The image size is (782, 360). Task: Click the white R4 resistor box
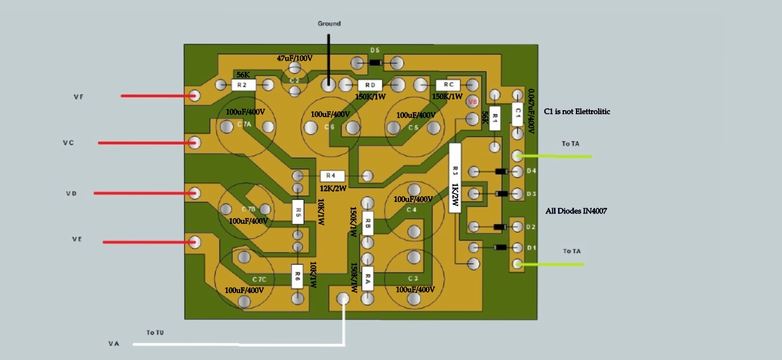coord(332,175)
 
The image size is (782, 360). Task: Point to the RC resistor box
coord(448,85)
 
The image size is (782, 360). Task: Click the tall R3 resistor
coord(455,178)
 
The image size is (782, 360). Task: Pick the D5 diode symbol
coord(375,62)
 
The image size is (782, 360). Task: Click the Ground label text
coord(329,24)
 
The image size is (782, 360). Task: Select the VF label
coord(78,96)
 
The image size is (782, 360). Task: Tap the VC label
coord(68,142)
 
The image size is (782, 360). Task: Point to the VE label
coord(77,239)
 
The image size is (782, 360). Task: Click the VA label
coord(114,344)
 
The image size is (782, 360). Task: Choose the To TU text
coord(155,333)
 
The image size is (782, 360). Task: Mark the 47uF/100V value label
coord(294,59)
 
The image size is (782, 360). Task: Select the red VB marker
coord(473,102)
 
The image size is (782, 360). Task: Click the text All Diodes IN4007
coord(576,211)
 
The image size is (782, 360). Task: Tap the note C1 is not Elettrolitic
coord(577,111)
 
